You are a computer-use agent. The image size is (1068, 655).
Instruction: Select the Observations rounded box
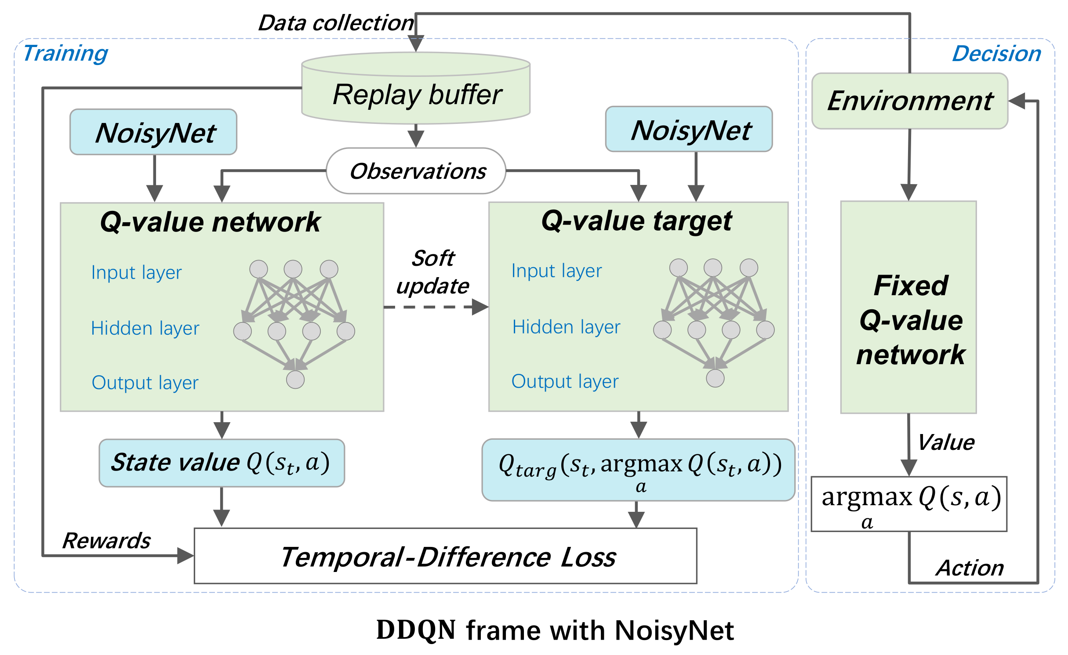(x=416, y=171)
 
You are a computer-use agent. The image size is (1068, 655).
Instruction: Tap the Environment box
(x=909, y=101)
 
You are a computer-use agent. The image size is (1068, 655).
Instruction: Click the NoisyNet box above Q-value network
(x=153, y=132)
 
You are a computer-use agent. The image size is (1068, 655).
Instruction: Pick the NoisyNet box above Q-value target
(x=689, y=130)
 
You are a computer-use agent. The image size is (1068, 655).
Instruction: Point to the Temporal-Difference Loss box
(x=445, y=556)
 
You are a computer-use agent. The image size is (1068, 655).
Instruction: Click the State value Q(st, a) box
(x=222, y=463)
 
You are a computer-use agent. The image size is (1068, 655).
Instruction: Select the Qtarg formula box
(x=638, y=470)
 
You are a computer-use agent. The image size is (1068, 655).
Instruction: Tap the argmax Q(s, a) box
(x=909, y=504)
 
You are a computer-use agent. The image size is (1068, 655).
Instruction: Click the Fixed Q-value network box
(x=908, y=308)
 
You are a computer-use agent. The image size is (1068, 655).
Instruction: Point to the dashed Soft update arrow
(x=435, y=307)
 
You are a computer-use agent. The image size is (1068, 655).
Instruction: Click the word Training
(x=65, y=54)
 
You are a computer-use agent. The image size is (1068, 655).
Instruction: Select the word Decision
(x=996, y=54)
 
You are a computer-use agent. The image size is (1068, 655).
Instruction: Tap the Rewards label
(x=106, y=540)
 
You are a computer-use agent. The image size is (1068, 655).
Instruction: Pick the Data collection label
(x=336, y=23)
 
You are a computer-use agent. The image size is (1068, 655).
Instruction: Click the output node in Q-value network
(x=295, y=380)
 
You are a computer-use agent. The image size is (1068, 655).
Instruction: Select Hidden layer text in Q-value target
(x=566, y=327)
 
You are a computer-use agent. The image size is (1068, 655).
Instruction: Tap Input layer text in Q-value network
(x=136, y=272)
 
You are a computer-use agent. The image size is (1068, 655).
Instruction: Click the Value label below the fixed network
(x=946, y=442)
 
